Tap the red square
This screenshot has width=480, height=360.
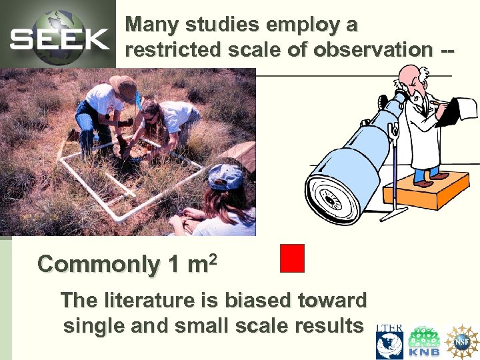pos(292,258)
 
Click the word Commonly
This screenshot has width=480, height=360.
pos(98,265)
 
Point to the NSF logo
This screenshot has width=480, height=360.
pos(462,342)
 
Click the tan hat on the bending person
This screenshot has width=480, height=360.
pos(123,85)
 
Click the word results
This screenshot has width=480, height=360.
pos(329,326)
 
